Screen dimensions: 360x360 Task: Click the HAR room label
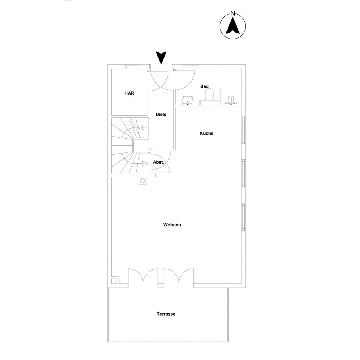tap(129, 93)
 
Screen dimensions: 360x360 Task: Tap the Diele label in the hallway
tap(161, 114)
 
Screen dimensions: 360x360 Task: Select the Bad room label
tap(204, 86)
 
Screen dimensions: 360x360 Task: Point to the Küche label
tap(206, 133)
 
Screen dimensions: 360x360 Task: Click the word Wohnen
tap(172, 225)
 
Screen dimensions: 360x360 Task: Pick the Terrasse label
tap(166, 314)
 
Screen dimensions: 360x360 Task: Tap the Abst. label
tap(158, 162)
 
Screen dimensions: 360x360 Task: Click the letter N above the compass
tap(233, 13)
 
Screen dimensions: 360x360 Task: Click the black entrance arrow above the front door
tap(161, 58)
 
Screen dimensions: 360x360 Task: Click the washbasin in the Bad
tap(188, 100)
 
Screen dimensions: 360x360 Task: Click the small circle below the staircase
tap(142, 181)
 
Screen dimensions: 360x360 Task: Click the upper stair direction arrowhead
tap(140, 128)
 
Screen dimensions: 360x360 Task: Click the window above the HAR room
tap(133, 66)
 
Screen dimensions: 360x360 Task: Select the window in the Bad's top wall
tap(191, 66)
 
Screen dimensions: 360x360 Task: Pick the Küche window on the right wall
tap(243, 130)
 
